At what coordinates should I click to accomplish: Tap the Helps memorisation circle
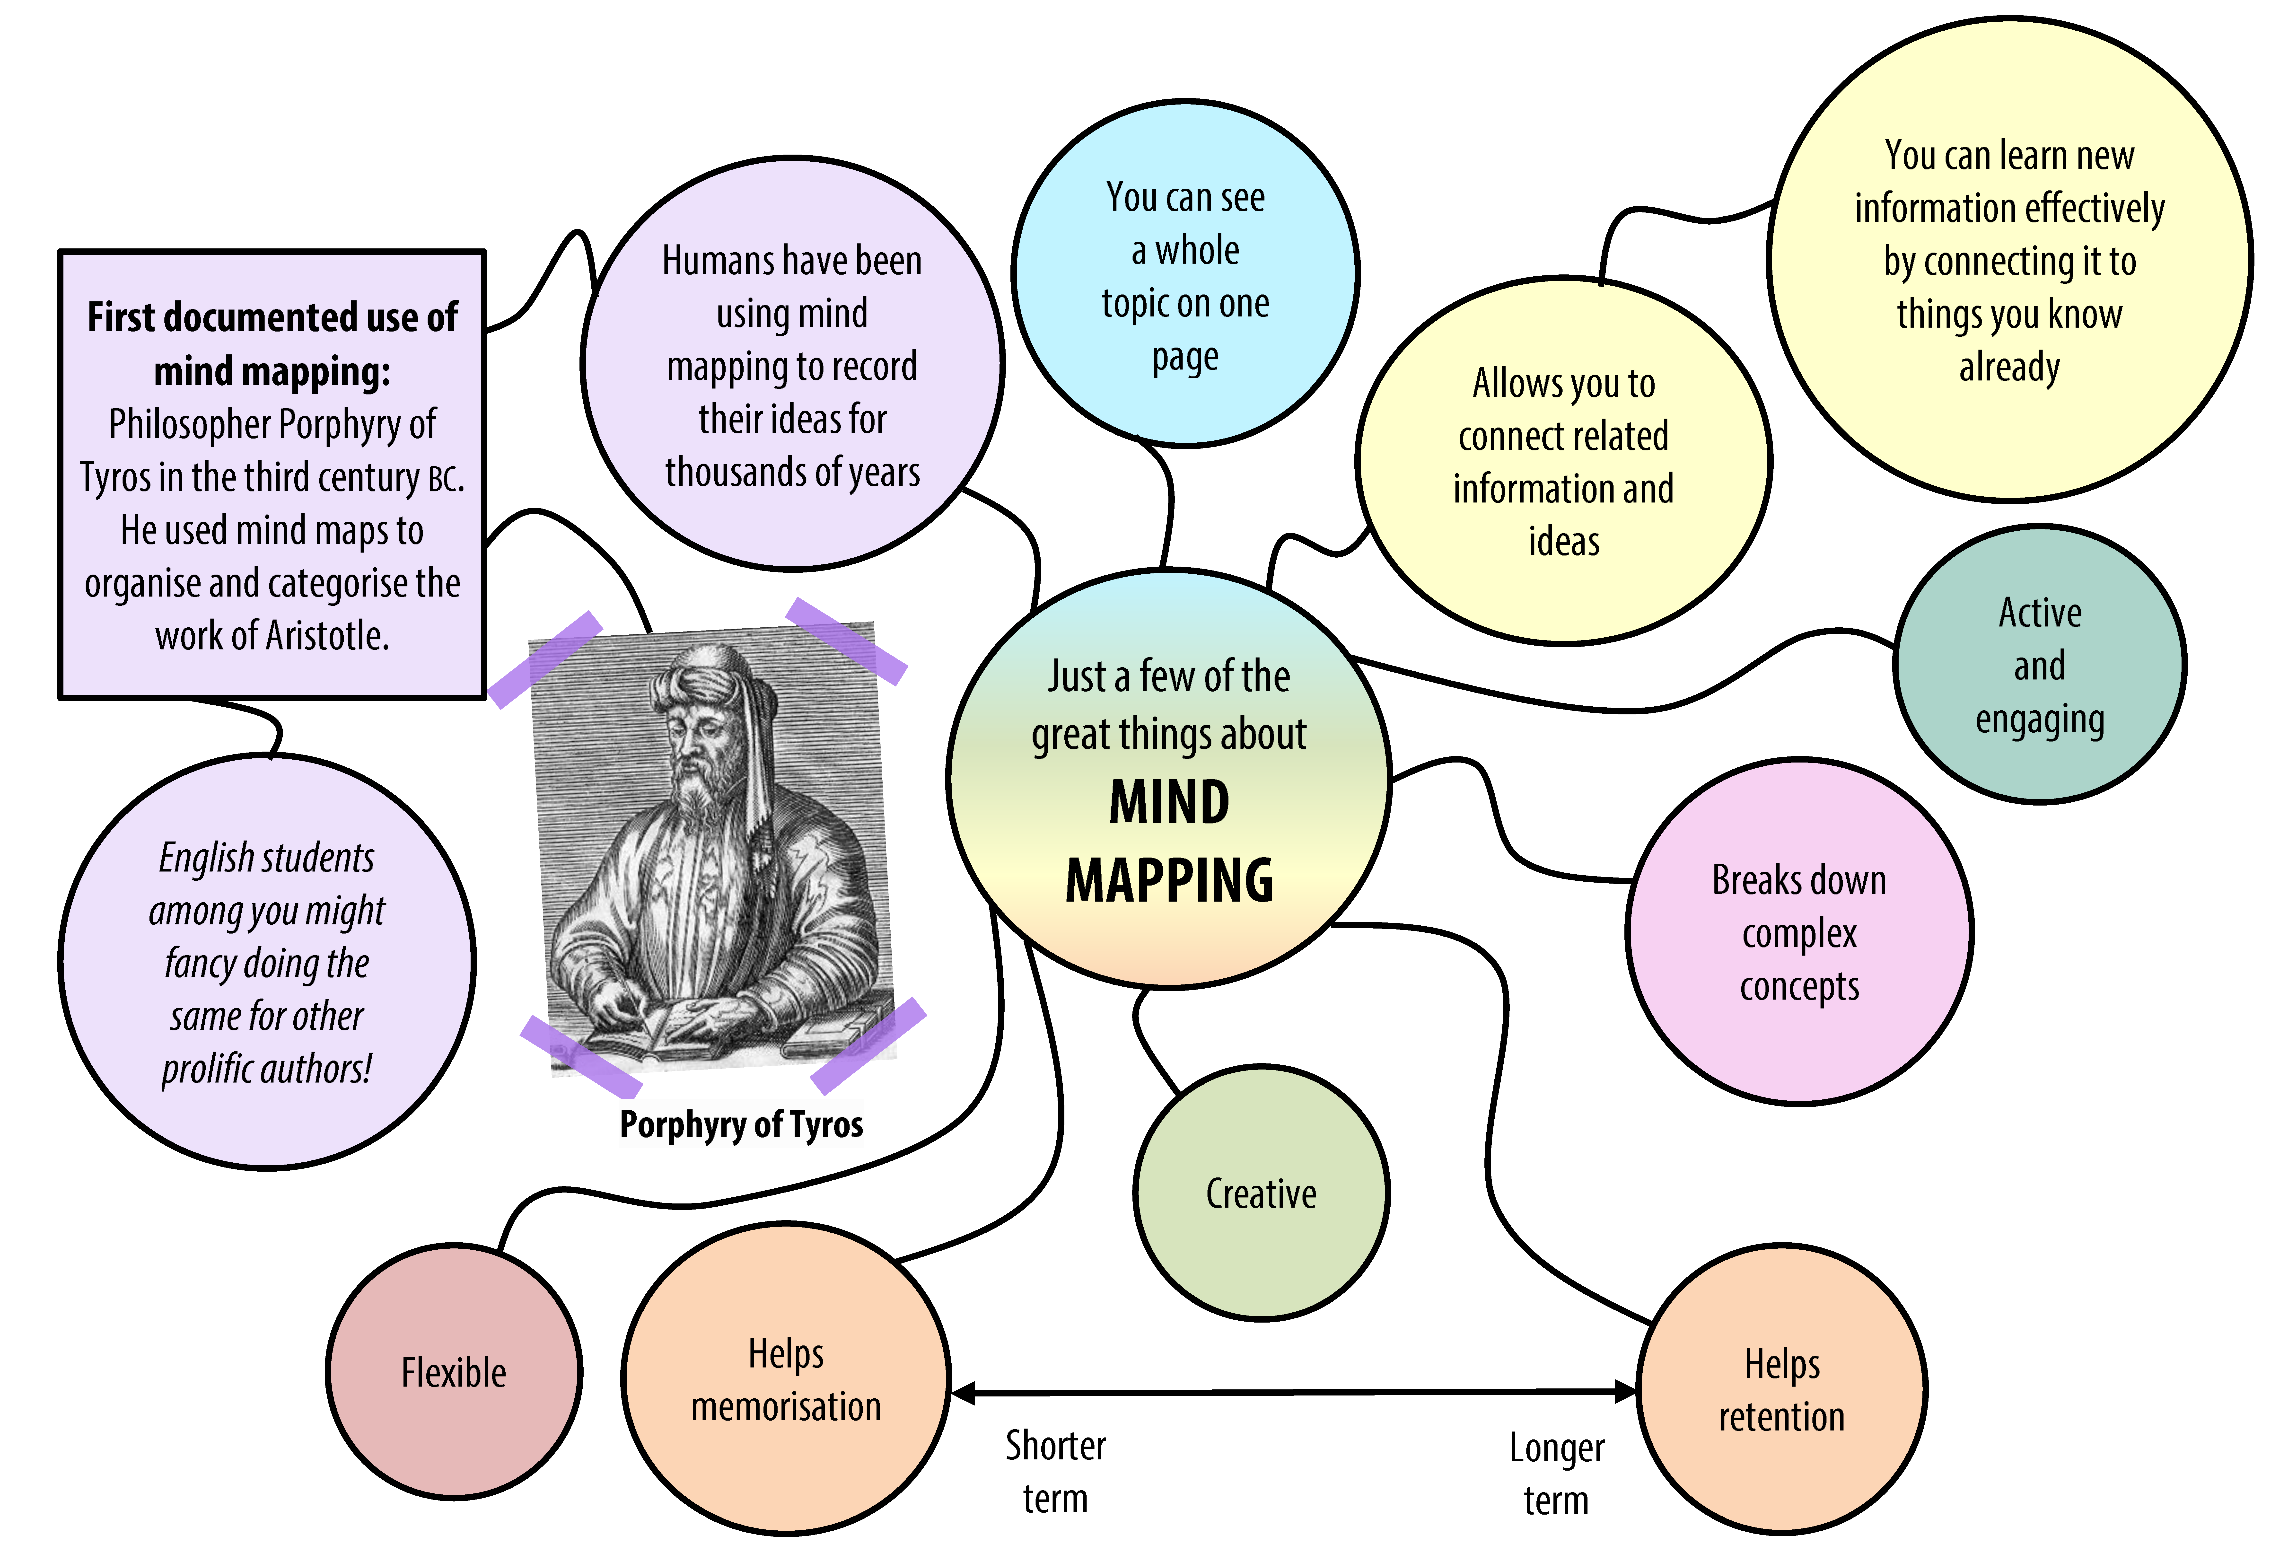click(x=786, y=1379)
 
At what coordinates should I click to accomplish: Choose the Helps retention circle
click(x=1781, y=1389)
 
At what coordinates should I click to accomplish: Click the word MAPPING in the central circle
click(x=1169, y=879)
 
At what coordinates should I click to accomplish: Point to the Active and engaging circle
click(x=2039, y=665)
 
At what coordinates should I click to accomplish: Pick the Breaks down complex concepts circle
click(x=1799, y=932)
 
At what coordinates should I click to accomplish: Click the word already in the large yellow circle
click(x=2008, y=366)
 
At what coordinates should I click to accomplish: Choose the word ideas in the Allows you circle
click(x=1563, y=541)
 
